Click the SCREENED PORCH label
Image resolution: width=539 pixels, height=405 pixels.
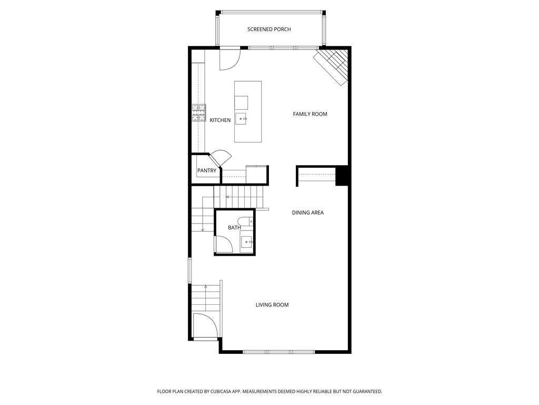click(x=269, y=30)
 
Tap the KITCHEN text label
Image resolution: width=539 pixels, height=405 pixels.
click(x=220, y=120)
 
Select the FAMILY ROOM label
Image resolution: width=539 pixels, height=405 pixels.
click(x=310, y=114)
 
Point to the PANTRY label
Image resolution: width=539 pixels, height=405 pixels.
click(x=206, y=171)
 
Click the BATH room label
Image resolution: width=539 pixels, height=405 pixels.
click(x=234, y=228)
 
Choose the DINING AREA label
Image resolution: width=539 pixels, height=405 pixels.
click(x=307, y=213)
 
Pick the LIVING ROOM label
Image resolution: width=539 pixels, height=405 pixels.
click(x=272, y=305)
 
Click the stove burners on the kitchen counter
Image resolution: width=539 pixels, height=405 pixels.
click(x=198, y=113)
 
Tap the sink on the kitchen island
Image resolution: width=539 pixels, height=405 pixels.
click(x=242, y=119)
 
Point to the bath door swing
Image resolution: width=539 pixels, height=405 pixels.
click(x=222, y=244)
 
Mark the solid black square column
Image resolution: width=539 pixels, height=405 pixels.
click(x=342, y=176)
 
